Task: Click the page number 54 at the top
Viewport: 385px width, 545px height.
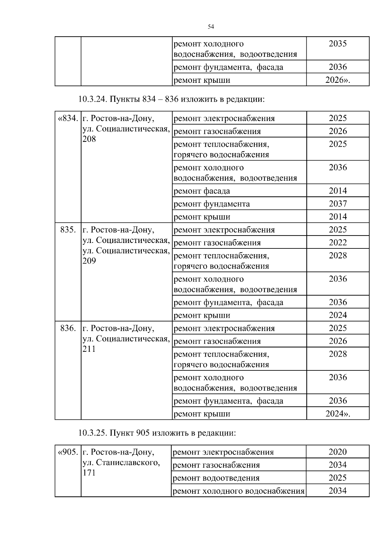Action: pos(211,27)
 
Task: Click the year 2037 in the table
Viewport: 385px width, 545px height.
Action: pos(338,203)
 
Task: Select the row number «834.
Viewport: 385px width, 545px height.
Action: pos(68,118)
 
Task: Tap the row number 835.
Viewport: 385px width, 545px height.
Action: pos(68,230)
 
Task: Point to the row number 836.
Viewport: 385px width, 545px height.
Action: pos(68,328)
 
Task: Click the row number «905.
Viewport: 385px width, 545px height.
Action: pos(68,452)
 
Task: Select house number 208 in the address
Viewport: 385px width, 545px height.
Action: pos(89,139)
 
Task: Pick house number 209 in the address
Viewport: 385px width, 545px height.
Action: pos(89,261)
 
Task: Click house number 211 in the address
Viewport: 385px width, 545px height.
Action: pos(89,349)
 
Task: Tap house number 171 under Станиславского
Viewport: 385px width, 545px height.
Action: pos(89,473)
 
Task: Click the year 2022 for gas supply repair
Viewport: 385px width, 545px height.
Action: pos(338,243)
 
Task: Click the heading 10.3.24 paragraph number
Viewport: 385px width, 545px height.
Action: pos(93,99)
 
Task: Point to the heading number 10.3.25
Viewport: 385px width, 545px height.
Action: pos(93,433)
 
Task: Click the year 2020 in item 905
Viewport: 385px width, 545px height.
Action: pos(338,452)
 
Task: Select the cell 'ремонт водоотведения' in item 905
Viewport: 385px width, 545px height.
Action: pos(216,478)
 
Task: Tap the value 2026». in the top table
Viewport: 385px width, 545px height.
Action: pos(338,80)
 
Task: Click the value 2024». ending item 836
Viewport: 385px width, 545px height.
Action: pos(338,414)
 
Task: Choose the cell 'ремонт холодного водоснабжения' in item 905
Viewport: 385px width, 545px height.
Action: pos(238,491)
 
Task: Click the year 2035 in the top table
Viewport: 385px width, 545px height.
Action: pos(338,44)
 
